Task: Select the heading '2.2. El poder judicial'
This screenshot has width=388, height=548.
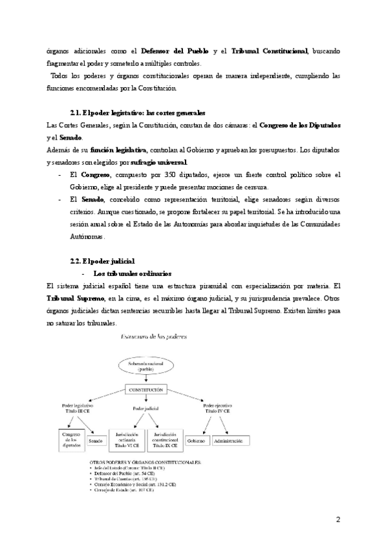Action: tap(103, 260)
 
